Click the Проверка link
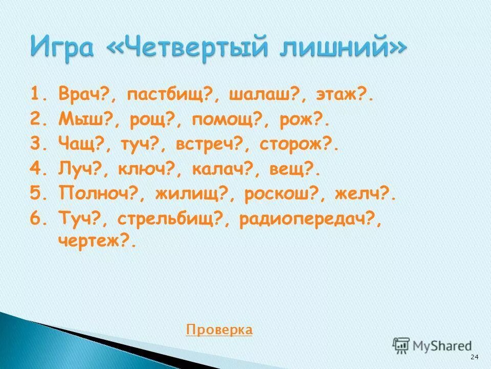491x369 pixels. click(219, 330)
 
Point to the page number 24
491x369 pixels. click(474, 357)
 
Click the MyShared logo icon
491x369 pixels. click(401, 345)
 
